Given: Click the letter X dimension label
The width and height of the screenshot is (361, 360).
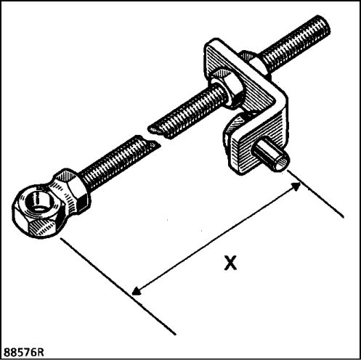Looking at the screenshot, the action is (230, 263).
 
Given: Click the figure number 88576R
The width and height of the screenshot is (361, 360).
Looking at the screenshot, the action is (24, 352).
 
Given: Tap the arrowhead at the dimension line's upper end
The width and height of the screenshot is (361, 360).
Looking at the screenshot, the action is (296, 186).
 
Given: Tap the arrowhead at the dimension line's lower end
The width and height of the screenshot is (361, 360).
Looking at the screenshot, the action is (136, 291).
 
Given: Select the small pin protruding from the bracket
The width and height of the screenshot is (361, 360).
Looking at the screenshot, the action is (271, 156).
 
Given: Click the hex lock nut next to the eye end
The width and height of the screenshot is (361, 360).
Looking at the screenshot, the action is (71, 191).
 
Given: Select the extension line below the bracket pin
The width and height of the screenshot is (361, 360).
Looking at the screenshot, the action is (315, 194).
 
